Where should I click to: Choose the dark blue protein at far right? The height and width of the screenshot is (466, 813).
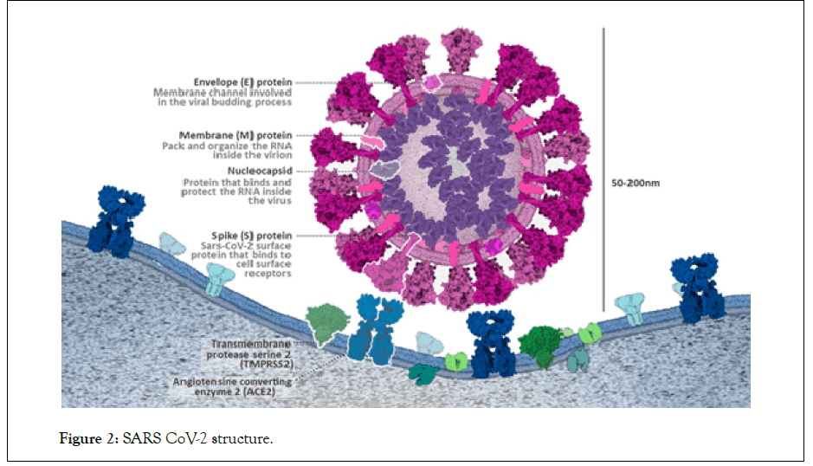click(x=700, y=287)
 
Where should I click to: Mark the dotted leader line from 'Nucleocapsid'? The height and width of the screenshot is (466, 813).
click(x=325, y=172)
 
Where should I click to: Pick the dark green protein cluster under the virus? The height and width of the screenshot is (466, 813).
click(x=541, y=345)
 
